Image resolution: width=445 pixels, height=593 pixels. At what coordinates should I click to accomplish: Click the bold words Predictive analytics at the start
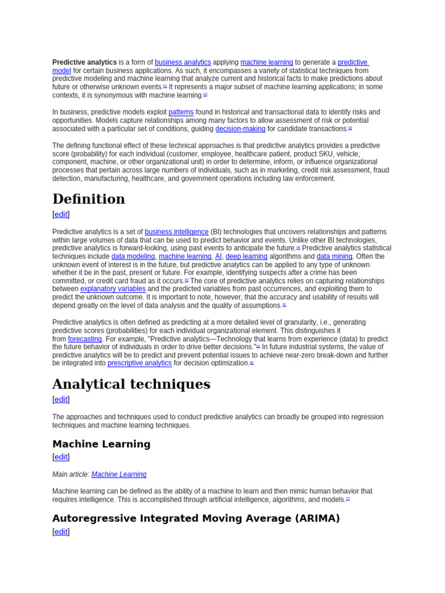[85, 63]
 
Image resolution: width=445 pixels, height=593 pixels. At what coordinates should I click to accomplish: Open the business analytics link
[183, 63]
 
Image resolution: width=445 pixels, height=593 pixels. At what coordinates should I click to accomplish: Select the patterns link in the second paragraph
[181, 112]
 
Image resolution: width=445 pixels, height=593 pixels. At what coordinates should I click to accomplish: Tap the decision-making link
[240, 129]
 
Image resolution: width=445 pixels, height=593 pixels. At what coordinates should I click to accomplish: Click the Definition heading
[89, 199]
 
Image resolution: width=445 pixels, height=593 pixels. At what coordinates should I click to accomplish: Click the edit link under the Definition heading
[61, 214]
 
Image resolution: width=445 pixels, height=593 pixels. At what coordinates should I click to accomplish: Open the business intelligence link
[177, 232]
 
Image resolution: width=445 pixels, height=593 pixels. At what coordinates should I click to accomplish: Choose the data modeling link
[133, 257]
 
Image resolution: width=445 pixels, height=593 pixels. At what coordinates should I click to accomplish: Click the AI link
[218, 257]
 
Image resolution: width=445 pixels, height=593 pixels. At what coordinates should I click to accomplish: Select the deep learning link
[246, 257]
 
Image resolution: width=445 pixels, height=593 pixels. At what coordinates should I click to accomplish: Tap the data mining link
[334, 257]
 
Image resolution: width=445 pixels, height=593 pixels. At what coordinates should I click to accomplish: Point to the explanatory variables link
[113, 289]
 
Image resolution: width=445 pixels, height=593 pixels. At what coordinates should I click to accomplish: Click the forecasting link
[85, 339]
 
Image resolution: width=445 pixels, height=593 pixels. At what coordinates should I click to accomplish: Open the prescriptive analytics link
[140, 364]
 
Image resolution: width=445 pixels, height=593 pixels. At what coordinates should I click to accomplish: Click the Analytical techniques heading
[131, 385]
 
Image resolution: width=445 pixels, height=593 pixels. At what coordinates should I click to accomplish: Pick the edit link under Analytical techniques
[61, 400]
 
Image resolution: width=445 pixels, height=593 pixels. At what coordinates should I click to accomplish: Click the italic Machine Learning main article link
[119, 475]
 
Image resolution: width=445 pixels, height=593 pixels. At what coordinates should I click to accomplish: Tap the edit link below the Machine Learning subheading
[61, 457]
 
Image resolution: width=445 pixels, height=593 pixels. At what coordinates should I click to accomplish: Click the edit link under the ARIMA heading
[61, 532]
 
